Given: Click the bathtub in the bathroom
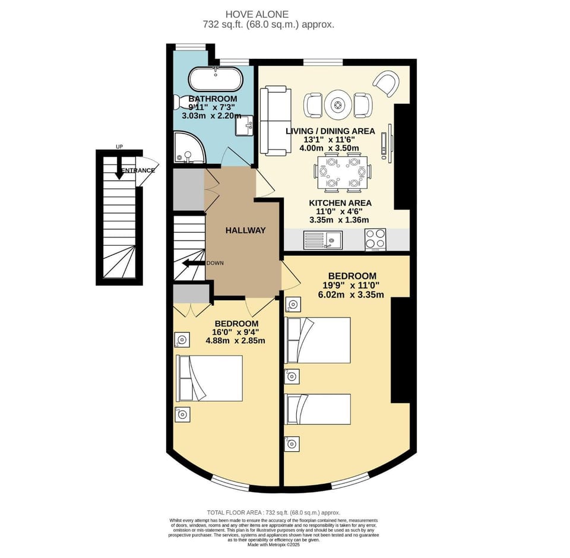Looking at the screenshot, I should click(215, 79).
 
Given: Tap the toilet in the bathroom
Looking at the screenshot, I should click(180, 102).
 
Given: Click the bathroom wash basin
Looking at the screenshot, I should click(245, 125).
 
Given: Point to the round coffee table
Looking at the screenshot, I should click(338, 105).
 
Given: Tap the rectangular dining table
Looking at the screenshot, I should click(342, 172).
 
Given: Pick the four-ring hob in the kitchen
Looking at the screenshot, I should click(375, 240).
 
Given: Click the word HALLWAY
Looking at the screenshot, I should click(245, 230).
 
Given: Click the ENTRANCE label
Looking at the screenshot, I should click(138, 170).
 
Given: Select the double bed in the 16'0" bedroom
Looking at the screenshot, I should click(210, 378).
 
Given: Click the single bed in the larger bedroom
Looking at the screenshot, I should click(317, 409).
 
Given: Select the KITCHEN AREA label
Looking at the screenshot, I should click(335, 202).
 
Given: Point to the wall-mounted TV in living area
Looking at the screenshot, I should click(389, 141).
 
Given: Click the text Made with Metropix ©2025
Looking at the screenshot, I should click(273, 545).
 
